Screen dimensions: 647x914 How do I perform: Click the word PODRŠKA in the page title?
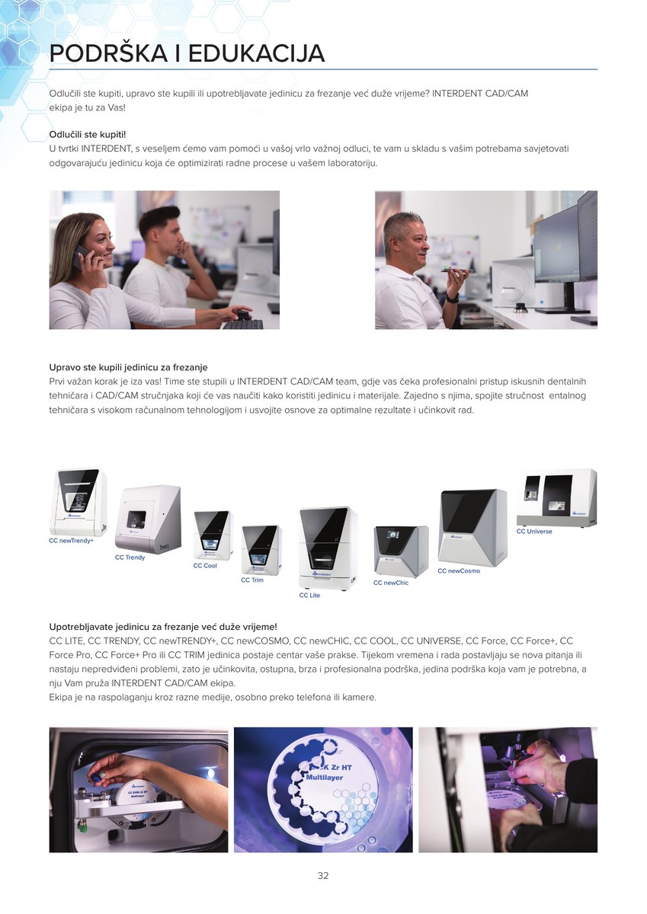pyautogui.click(x=108, y=53)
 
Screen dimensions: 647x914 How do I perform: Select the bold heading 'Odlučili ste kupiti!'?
pyautogui.click(x=88, y=134)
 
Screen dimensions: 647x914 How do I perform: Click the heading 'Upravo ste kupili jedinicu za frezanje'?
pyautogui.click(x=128, y=367)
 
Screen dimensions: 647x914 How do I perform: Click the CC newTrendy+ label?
pyautogui.click(x=71, y=541)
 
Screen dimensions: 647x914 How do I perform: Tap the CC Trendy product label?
pyautogui.click(x=130, y=558)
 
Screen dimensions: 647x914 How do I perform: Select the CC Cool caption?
pyautogui.click(x=205, y=565)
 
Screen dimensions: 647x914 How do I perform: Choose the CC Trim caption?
pyautogui.click(x=251, y=580)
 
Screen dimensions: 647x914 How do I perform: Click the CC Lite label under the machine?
pyautogui.click(x=309, y=595)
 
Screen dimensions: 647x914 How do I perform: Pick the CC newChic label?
pyautogui.click(x=391, y=583)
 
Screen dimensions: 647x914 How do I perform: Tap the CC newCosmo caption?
pyautogui.click(x=459, y=570)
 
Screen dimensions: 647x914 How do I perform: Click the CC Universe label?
pyautogui.click(x=534, y=532)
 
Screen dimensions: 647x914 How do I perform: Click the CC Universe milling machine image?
pyautogui.click(x=556, y=497)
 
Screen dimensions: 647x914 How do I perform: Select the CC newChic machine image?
pyautogui.click(x=402, y=551)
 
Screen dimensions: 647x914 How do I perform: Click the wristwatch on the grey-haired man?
pyautogui.click(x=452, y=298)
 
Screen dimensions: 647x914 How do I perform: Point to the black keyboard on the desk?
pyautogui.click(x=242, y=324)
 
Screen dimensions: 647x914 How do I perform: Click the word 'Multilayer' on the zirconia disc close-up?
pyautogui.click(x=325, y=778)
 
